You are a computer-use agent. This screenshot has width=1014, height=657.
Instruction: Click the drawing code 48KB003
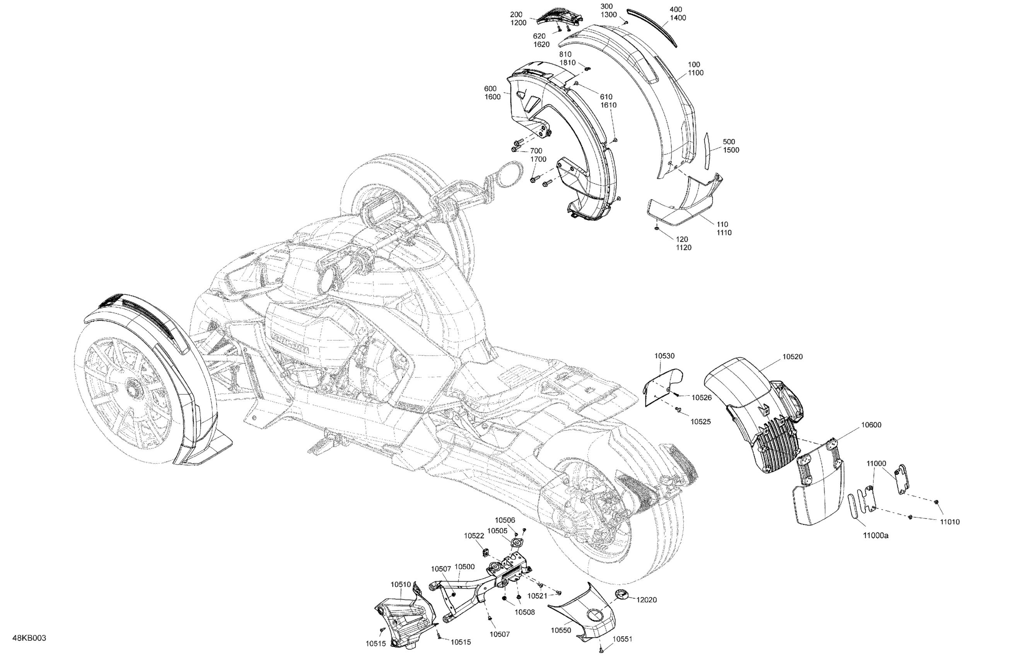click(x=29, y=638)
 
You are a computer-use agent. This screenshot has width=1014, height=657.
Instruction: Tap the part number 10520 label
click(x=792, y=356)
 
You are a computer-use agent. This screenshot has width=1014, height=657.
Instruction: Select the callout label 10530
click(x=664, y=356)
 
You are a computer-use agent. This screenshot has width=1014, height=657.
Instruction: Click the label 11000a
click(x=876, y=536)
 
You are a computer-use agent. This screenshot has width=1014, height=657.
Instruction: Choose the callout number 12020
click(x=646, y=599)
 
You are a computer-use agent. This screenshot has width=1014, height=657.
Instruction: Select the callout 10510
click(x=401, y=585)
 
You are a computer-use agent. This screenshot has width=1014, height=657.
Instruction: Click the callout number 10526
click(x=701, y=397)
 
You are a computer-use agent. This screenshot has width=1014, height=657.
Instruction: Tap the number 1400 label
click(x=678, y=17)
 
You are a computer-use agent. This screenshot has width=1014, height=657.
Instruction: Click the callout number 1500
click(x=731, y=150)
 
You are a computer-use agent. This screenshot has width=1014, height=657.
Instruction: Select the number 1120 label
click(x=683, y=247)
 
